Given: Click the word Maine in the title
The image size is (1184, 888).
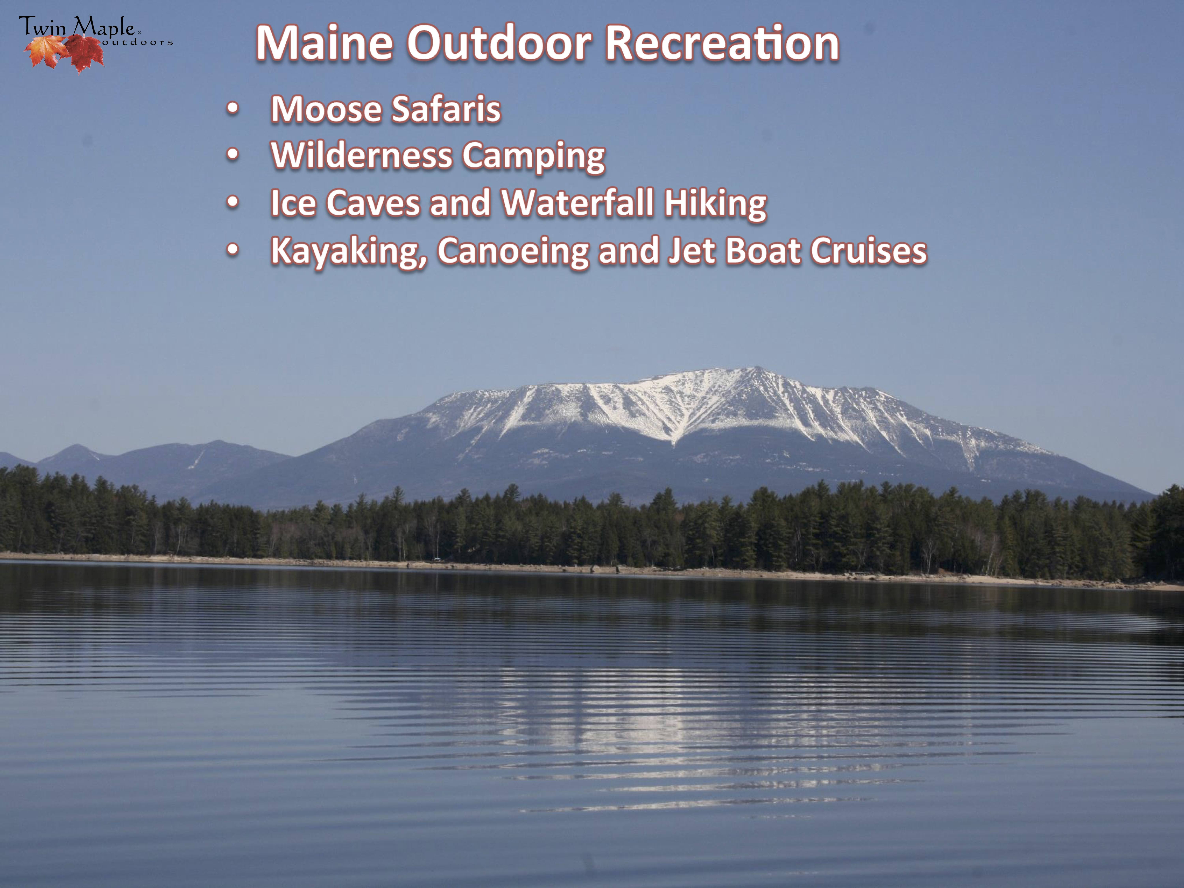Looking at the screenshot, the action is pos(324,43).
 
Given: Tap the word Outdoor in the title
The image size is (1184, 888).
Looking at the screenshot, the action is pos(499,43).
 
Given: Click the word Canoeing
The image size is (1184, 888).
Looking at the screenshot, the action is pos(513,252).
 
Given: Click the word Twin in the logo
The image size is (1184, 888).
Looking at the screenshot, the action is pos(43,27).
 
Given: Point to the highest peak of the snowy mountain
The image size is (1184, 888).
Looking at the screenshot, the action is pos(757,367).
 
